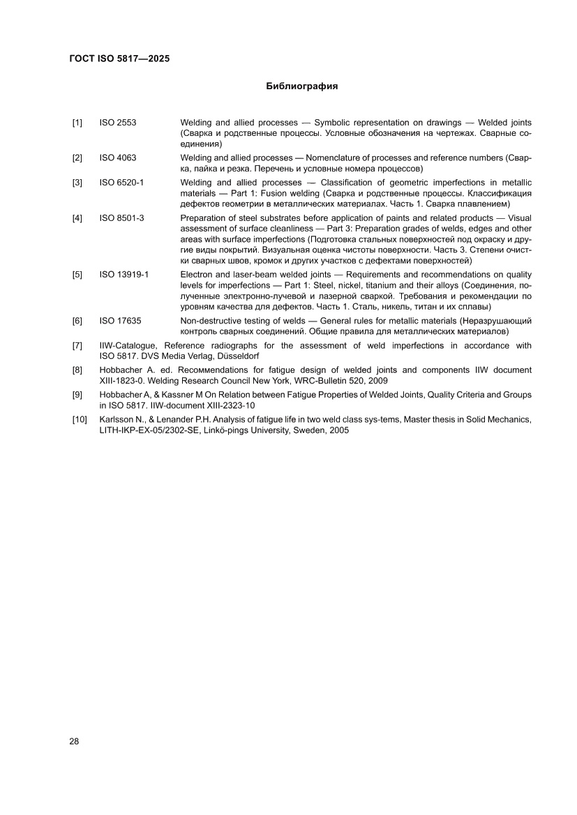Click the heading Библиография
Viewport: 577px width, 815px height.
pos(302,87)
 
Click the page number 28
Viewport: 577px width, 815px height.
pos(75,741)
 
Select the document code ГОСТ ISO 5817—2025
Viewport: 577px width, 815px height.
pos(120,59)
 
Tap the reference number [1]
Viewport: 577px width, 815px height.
pos(77,123)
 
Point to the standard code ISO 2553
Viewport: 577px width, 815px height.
pos(118,123)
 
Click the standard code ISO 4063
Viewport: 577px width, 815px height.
pos(118,158)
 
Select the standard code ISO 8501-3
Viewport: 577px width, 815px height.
pos(121,218)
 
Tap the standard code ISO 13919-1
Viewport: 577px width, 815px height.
pos(124,275)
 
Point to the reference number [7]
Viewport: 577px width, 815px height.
pos(77,346)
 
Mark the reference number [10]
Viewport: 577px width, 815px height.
pos(79,420)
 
